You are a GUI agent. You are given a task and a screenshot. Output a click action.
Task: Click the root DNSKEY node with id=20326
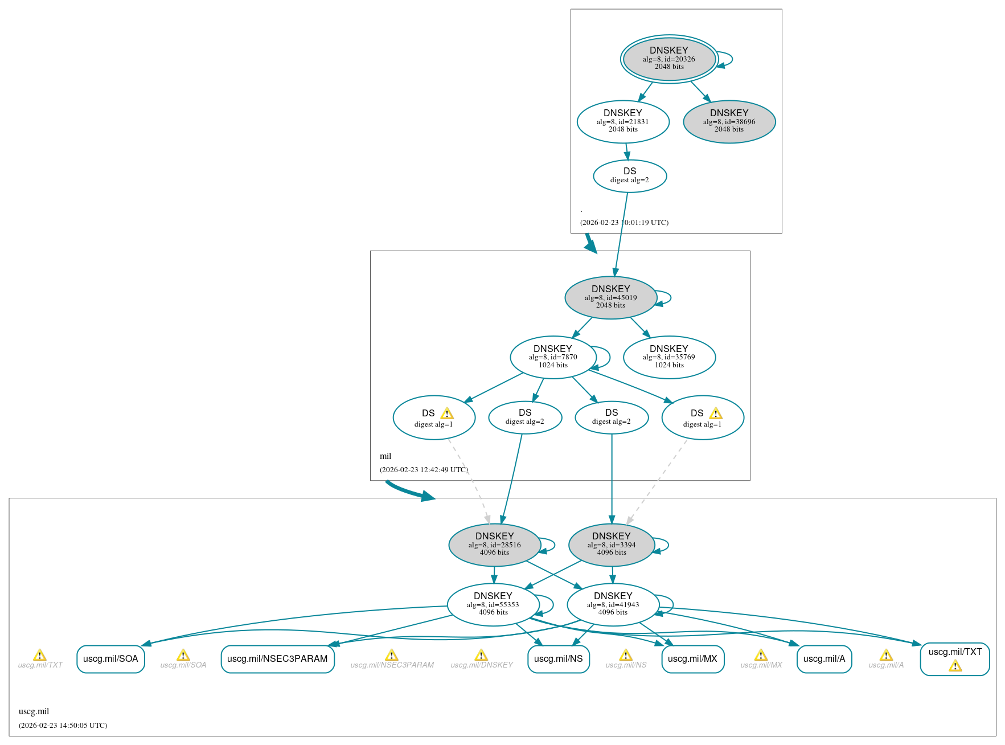pos(668,59)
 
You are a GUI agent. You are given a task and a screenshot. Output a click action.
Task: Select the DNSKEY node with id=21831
pos(622,121)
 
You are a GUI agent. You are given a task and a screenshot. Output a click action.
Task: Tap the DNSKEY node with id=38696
pos(729,121)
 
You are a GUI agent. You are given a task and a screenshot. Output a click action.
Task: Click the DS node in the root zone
pos(629,176)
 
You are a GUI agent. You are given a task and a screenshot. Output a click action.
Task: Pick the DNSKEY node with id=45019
pos(610,297)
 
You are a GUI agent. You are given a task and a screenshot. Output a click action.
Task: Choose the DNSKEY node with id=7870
pos(552,357)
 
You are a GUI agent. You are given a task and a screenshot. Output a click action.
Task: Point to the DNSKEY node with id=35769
pos(668,357)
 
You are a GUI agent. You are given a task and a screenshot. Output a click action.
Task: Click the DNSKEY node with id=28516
pos(494,545)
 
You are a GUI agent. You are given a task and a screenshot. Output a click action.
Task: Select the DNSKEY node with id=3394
pos(611,545)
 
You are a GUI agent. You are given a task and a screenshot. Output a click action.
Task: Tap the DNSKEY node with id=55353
pos(493,604)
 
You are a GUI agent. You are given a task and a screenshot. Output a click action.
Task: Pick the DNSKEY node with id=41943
pos(613,604)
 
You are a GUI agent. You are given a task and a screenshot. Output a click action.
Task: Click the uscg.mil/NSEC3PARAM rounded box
pos(277,659)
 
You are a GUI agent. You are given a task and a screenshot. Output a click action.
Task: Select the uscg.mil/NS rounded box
pos(558,659)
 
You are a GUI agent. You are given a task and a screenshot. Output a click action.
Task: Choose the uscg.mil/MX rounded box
pos(692,659)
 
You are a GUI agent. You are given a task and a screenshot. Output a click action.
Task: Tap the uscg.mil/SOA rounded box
pos(110,659)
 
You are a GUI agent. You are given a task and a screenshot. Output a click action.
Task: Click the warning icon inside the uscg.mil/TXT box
pos(955,666)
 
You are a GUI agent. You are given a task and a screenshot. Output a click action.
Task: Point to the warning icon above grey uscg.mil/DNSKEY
pos(481,655)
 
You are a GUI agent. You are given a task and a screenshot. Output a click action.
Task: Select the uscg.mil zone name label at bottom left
pos(34,711)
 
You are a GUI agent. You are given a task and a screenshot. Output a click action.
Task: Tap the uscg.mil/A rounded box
pos(824,659)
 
